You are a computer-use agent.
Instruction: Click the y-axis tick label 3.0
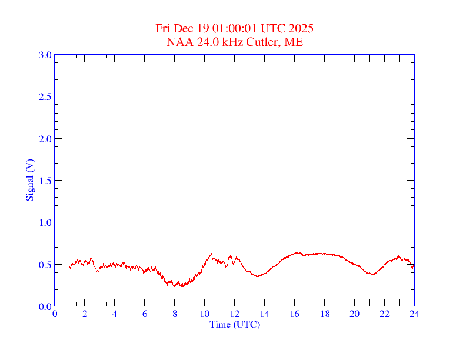pyautogui.click(x=45, y=55)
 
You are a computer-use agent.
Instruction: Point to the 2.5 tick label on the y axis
pyautogui.click(x=45, y=96)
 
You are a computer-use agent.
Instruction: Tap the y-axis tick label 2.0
pyautogui.click(x=45, y=139)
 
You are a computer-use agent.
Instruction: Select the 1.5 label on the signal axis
pyautogui.click(x=45, y=181)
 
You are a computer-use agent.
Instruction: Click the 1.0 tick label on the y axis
pyautogui.click(x=45, y=222)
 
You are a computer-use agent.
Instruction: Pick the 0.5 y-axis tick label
pyautogui.click(x=45, y=265)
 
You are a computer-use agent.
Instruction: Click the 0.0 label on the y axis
pyautogui.click(x=45, y=306)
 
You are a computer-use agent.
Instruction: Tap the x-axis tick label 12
pyautogui.click(x=235, y=314)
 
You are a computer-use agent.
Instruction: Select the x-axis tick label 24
pyautogui.click(x=414, y=314)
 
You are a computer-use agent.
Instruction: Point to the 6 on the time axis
pyautogui.click(x=145, y=314)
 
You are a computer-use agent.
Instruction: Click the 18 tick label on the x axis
pyautogui.click(x=325, y=314)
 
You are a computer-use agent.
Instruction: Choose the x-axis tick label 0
pyautogui.click(x=55, y=314)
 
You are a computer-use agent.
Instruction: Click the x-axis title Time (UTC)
pyautogui.click(x=235, y=324)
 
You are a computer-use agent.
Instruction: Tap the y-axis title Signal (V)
pyautogui.click(x=29, y=180)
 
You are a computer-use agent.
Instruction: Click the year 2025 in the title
pyautogui.click(x=301, y=28)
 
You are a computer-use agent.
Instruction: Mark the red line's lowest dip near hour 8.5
pyautogui.click(x=182, y=287)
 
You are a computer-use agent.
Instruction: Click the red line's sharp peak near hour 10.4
pyautogui.click(x=211, y=254)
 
